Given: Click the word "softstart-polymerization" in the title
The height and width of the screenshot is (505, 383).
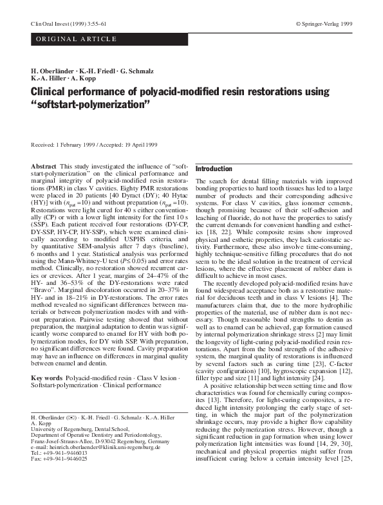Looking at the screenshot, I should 104,106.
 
